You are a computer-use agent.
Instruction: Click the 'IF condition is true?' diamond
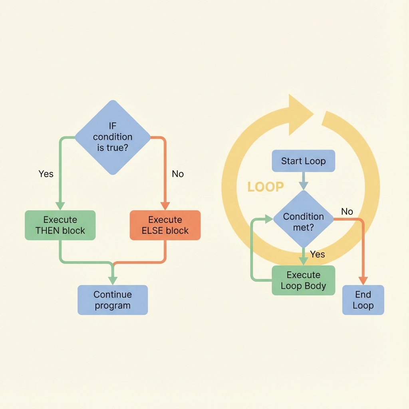pyautogui.click(x=113, y=137)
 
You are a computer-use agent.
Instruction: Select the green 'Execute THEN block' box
pyautogui.click(x=60, y=225)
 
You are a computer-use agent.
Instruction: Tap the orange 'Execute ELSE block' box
pyautogui.click(x=165, y=225)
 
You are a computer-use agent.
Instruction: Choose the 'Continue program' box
pyautogui.click(x=113, y=300)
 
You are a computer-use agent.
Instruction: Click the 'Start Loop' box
pyautogui.click(x=304, y=161)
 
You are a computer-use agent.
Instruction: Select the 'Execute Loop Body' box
pyautogui.click(x=304, y=280)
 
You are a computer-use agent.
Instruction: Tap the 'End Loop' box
pyautogui.click(x=363, y=300)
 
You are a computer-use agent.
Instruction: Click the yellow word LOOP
pyautogui.click(x=266, y=187)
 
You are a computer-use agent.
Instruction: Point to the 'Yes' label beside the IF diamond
pyautogui.click(x=46, y=174)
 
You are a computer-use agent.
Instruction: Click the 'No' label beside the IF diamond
pyautogui.click(x=178, y=174)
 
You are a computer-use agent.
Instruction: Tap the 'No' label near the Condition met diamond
pyautogui.click(x=347, y=211)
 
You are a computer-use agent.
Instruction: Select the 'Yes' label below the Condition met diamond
pyautogui.click(x=318, y=254)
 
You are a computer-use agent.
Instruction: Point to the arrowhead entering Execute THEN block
pyautogui.click(x=60, y=205)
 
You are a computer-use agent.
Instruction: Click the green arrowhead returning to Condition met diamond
pyautogui.click(x=268, y=219)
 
